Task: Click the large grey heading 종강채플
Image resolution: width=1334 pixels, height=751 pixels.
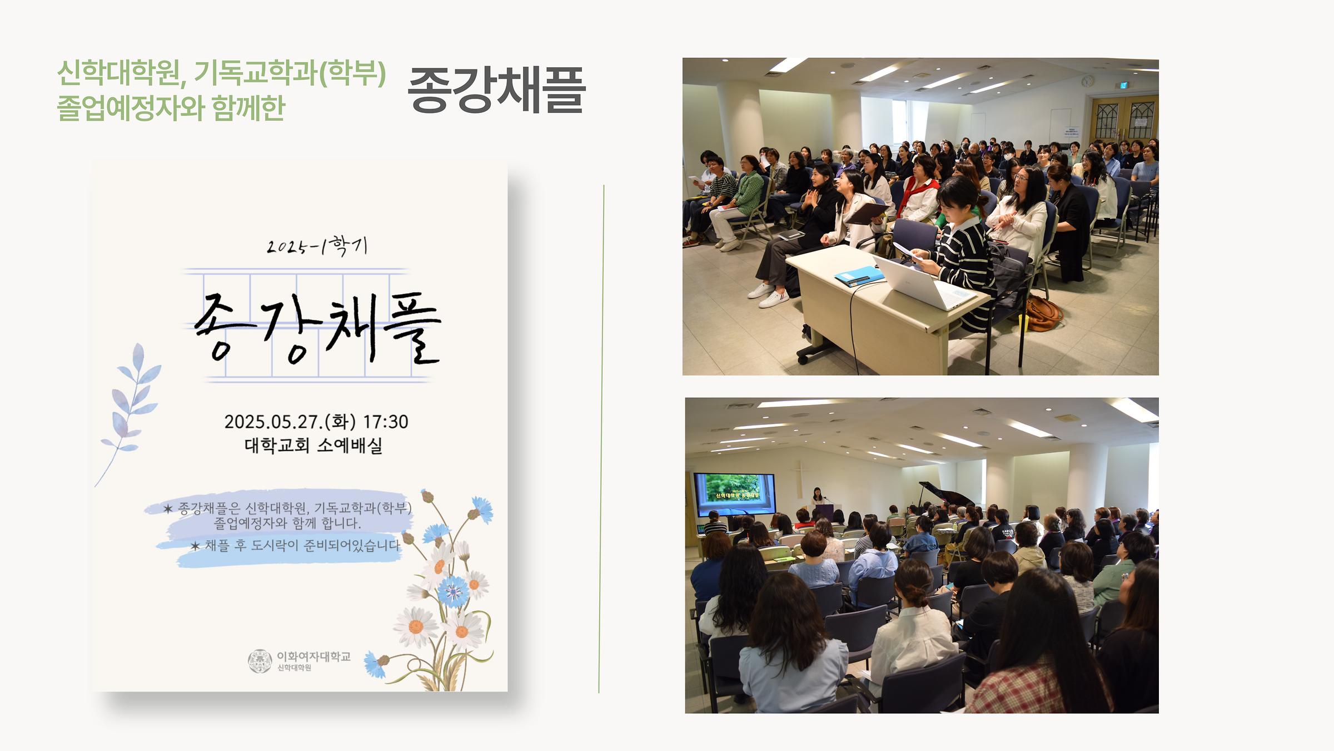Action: point(496,90)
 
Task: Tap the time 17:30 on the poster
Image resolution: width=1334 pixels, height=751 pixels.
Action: point(386,422)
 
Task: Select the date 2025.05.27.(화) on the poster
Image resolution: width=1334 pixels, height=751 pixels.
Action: point(290,422)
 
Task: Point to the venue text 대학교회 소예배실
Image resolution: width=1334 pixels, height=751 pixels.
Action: point(313,446)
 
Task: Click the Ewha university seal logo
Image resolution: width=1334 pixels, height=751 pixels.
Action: point(260,661)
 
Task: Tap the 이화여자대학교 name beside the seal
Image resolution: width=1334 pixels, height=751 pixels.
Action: point(313,656)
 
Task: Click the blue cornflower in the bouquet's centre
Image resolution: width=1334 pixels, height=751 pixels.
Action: point(453,591)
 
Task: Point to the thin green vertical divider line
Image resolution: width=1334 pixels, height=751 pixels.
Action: point(601,439)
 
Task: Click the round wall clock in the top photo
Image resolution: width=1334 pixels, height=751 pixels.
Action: point(1087,81)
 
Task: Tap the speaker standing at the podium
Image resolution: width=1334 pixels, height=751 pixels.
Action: point(818,496)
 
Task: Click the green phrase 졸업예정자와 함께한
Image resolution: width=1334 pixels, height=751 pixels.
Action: point(171,108)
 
